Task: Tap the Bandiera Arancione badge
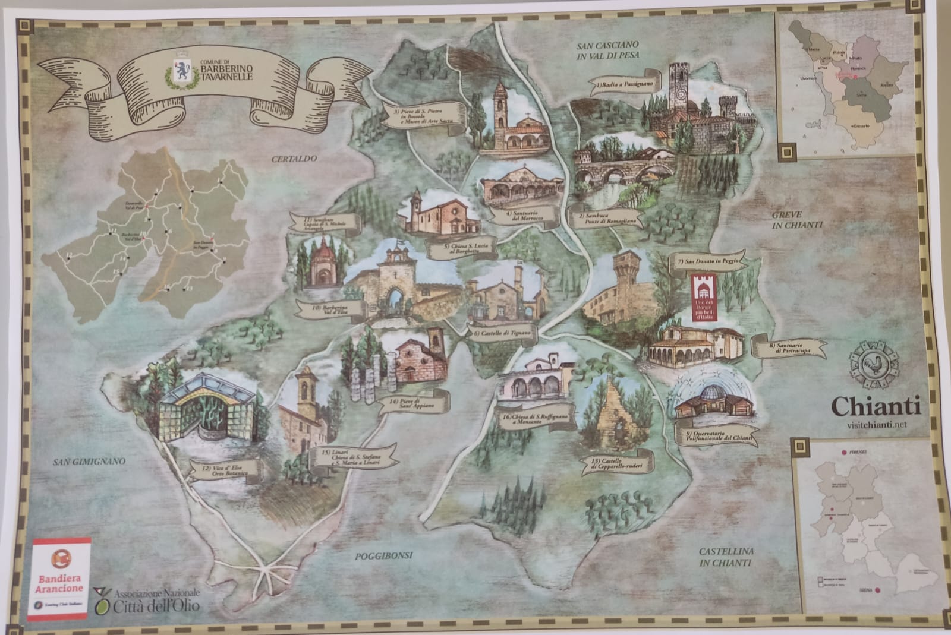pos(59,573)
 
